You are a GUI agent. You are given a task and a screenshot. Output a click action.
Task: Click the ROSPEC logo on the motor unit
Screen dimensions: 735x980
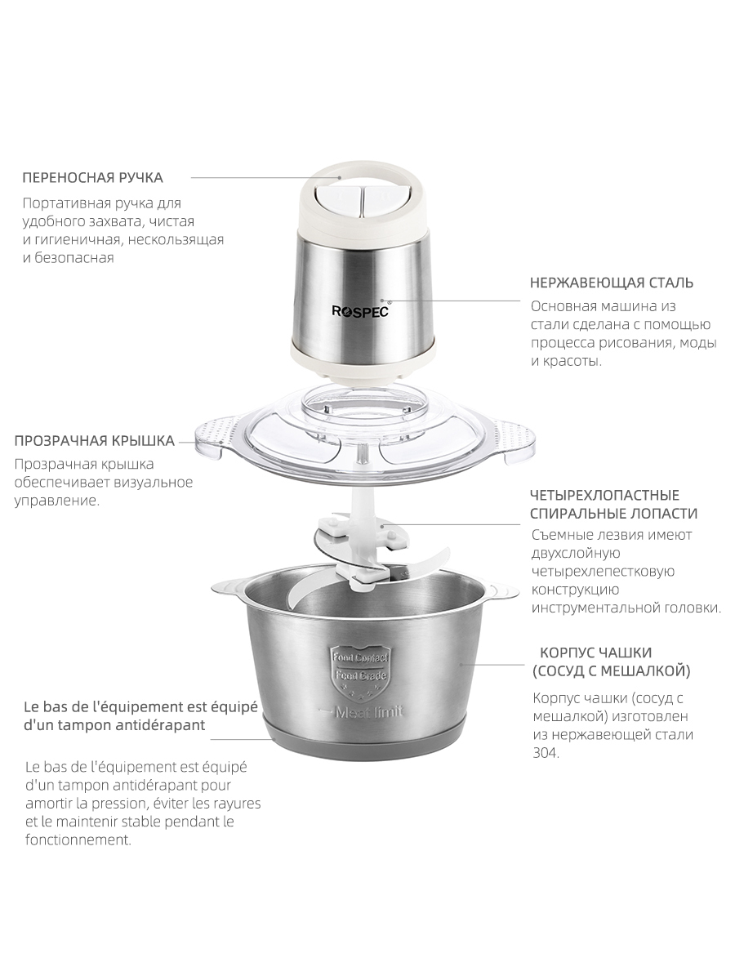point(359,310)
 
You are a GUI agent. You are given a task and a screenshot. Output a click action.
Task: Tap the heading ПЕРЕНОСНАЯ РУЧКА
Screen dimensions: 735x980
point(93,178)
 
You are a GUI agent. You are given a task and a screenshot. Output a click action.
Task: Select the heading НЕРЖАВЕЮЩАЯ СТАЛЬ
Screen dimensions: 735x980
point(612,283)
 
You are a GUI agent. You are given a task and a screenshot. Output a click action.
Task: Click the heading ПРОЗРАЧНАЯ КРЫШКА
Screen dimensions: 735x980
point(94,441)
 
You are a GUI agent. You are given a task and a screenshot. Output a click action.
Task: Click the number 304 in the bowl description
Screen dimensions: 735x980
point(546,753)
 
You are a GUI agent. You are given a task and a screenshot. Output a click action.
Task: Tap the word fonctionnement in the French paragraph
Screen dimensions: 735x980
point(78,840)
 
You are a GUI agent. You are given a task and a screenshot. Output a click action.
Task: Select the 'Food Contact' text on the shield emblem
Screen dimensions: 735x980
point(359,657)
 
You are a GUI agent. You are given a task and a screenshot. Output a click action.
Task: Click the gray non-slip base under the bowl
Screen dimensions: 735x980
point(363,739)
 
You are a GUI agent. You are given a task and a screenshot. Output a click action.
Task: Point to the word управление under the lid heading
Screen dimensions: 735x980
point(56,501)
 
